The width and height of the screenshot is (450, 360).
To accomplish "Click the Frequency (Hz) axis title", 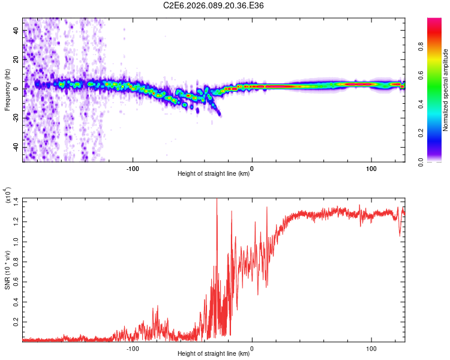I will click(7, 89).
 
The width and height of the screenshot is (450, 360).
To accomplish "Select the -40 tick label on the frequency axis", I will click(16, 147).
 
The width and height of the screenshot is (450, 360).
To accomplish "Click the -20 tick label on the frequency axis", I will click(16, 118).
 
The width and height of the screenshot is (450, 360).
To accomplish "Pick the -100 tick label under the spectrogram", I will click(133, 168).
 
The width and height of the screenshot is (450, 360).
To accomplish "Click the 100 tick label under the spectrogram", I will click(371, 168).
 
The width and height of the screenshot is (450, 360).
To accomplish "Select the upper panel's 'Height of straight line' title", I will click(214, 174).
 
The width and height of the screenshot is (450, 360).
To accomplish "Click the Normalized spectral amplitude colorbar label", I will click(445, 90).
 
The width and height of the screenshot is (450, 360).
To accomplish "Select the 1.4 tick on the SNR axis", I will click(16, 200).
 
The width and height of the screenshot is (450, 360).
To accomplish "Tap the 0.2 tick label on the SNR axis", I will click(16, 322).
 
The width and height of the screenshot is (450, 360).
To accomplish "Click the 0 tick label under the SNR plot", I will click(252, 347).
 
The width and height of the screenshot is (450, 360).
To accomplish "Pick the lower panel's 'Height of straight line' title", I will click(214, 353).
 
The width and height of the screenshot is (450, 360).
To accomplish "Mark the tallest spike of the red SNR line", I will click(217, 200).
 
